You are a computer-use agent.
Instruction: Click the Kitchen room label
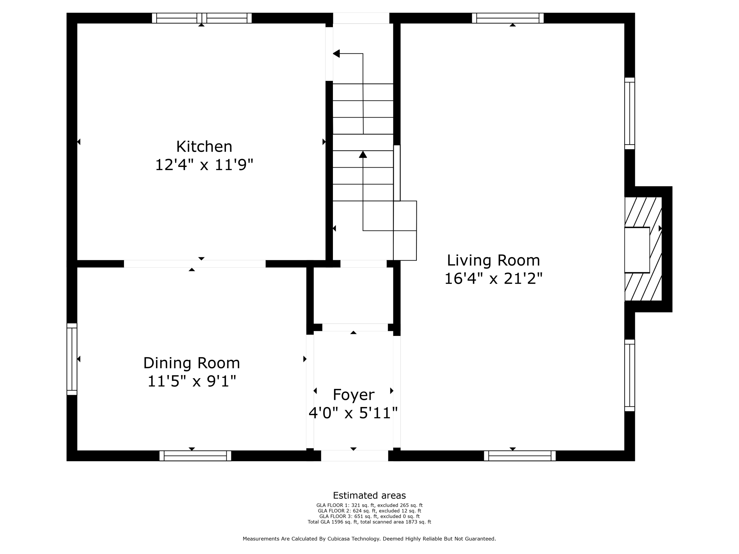pyautogui.click(x=204, y=146)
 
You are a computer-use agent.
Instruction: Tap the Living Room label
pyautogui.click(x=493, y=260)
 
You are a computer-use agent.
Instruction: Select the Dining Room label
pyautogui.click(x=192, y=363)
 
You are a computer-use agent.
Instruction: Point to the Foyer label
pyautogui.click(x=354, y=395)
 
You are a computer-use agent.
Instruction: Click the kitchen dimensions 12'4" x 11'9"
pyautogui.click(x=204, y=165)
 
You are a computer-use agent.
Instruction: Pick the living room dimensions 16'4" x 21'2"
pyautogui.click(x=493, y=278)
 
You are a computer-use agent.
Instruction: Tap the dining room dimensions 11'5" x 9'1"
pyautogui.click(x=192, y=381)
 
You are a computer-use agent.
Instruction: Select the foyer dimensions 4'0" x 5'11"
pyautogui.click(x=353, y=413)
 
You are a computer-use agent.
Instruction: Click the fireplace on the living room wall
pyautogui.click(x=643, y=249)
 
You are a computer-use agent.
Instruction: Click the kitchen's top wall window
pyautogui.click(x=202, y=18)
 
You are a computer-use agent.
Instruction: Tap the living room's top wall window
pyautogui.click(x=508, y=18)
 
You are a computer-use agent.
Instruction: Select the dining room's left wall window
pyautogui.click(x=72, y=359)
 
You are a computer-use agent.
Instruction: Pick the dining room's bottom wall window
pyautogui.click(x=195, y=456)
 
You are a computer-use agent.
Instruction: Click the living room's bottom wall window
pyautogui.click(x=520, y=456)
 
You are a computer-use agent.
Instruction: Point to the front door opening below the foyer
pyautogui.click(x=355, y=456)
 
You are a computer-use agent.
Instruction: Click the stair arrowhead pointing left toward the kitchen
pyautogui.click(x=336, y=54)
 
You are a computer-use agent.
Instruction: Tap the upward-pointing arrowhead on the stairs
pyautogui.click(x=363, y=154)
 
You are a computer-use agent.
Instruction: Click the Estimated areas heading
pyautogui.click(x=369, y=495)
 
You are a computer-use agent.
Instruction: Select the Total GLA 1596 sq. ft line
pyautogui.click(x=369, y=522)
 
